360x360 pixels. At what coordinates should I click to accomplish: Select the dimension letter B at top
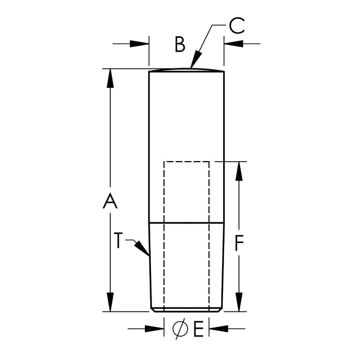pyautogui.click(x=180, y=45)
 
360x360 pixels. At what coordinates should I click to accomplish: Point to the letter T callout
pyautogui.click(x=117, y=241)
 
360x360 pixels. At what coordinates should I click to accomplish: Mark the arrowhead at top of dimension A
pyautogui.click(x=110, y=77)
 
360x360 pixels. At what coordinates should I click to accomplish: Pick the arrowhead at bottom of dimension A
pyautogui.click(x=110, y=302)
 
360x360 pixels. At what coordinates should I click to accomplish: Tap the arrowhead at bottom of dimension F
pyautogui.click(x=239, y=302)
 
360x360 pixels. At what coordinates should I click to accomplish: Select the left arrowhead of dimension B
pyautogui.click(x=140, y=44)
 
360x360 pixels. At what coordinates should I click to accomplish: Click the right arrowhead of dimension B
pyautogui.click(x=232, y=44)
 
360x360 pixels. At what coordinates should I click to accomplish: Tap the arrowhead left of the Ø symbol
pyautogui.click(x=156, y=329)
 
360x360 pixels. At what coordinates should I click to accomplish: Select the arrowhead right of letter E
pyautogui.click(x=217, y=329)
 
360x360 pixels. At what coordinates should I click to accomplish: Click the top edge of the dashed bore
pyautogui.click(x=186, y=161)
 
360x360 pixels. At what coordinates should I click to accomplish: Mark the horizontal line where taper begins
pyautogui.click(x=186, y=223)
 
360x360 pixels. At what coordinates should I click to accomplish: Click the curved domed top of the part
pyautogui.click(x=186, y=69)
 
